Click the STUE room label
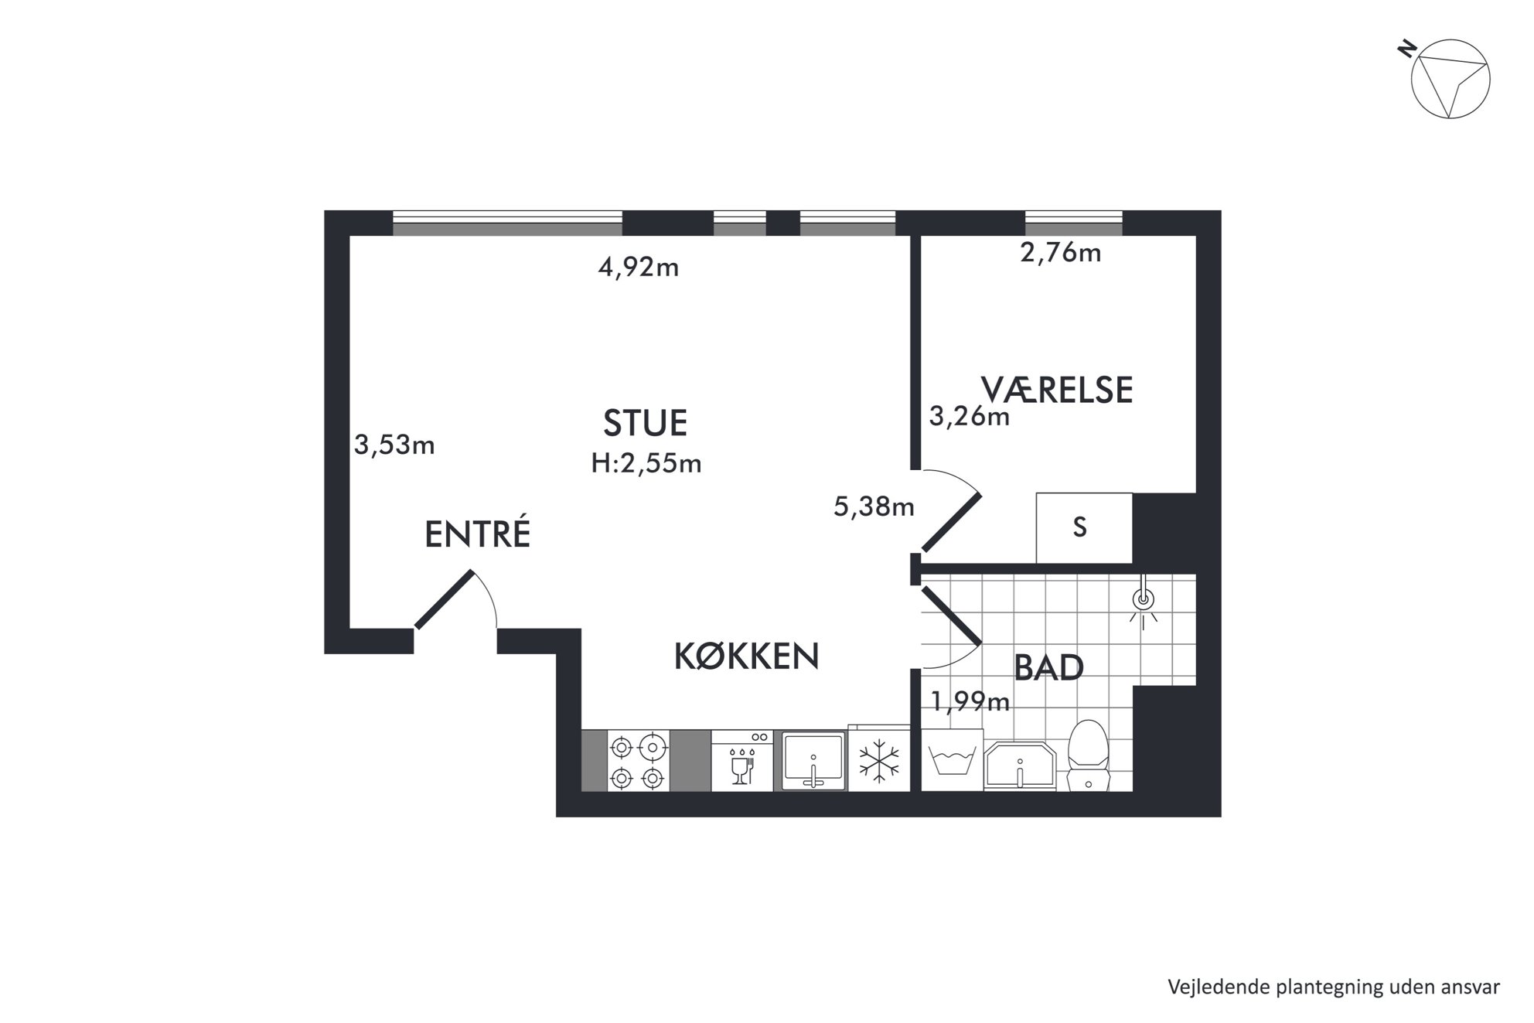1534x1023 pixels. [x=645, y=423]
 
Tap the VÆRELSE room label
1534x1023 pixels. [x=1057, y=390]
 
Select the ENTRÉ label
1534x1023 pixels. [x=478, y=534]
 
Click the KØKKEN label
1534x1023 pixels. [x=747, y=656]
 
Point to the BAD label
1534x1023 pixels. [x=1048, y=668]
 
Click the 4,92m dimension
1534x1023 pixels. [x=639, y=268]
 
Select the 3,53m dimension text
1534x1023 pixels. [x=394, y=445]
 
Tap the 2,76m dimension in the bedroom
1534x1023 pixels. [x=1061, y=253]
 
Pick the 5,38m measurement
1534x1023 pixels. [x=874, y=506]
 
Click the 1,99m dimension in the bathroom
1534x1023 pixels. [x=970, y=701]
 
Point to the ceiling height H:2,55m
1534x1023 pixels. [x=646, y=463]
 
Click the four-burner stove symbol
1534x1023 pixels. [x=639, y=761]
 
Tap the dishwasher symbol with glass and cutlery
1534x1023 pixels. [x=741, y=761]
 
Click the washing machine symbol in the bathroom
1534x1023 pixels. [x=953, y=760]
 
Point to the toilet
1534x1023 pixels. [x=1088, y=755]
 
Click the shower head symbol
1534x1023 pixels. [x=1143, y=599]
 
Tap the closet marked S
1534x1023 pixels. [x=1084, y=528]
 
